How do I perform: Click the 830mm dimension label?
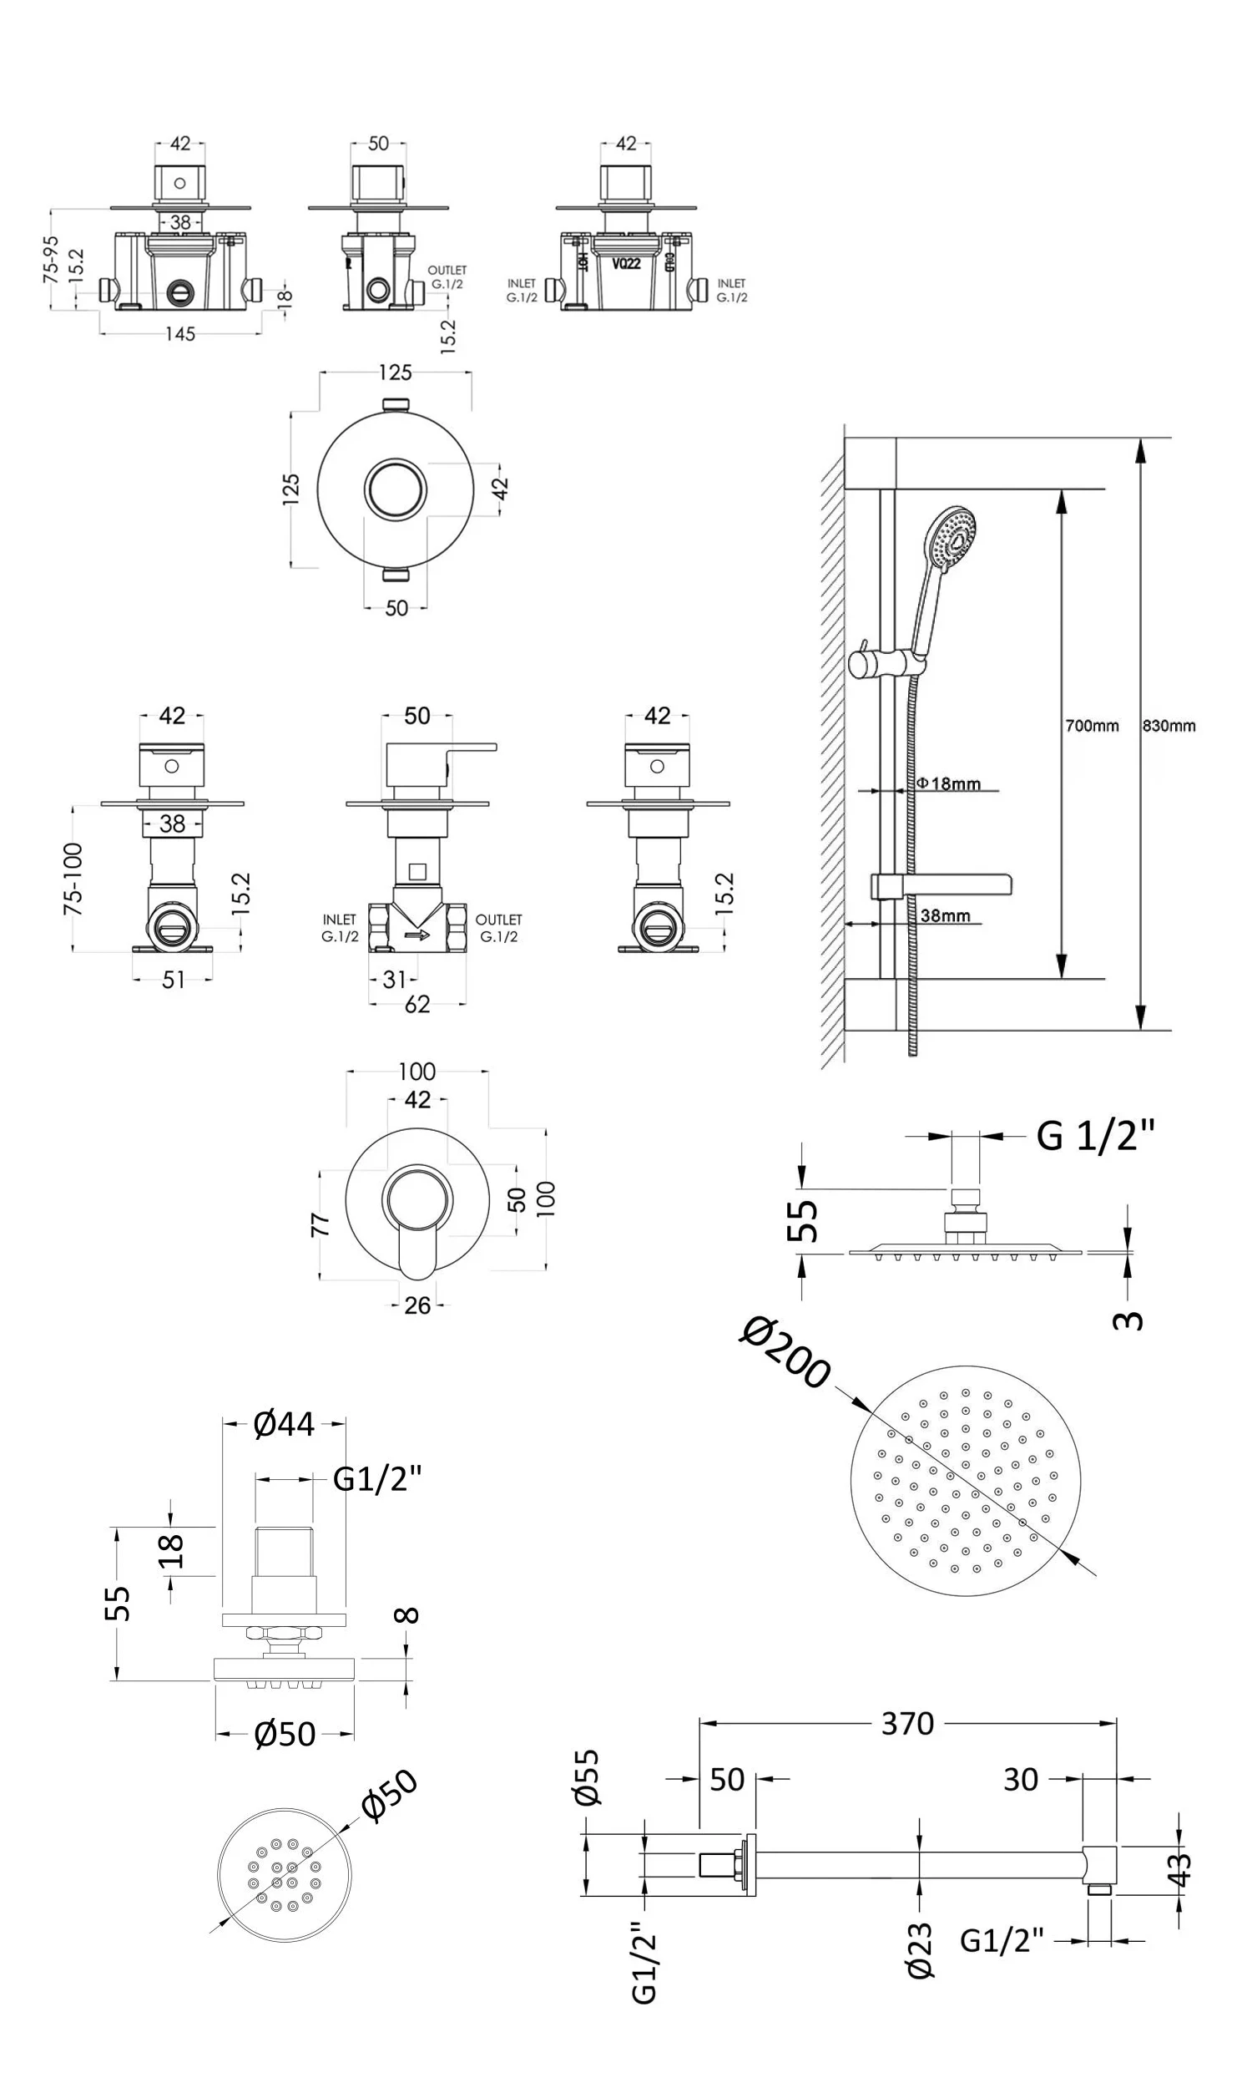[x=1169, y=726]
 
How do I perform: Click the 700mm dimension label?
[x=1092, y=726]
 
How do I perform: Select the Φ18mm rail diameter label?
[x=949, y=783]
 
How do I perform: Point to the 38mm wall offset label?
[x=946, y=915]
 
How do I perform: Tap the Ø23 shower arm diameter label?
[x=921, y=1949]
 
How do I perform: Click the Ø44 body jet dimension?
[x=285, y=1424]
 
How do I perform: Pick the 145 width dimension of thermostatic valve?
[x=179, y=334]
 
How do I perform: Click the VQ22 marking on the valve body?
[x=626, y=263]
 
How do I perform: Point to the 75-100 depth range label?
[x=74, y=879]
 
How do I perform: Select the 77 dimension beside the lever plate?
[x=321, y=1224]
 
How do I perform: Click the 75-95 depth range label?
[x=52, y=259]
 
